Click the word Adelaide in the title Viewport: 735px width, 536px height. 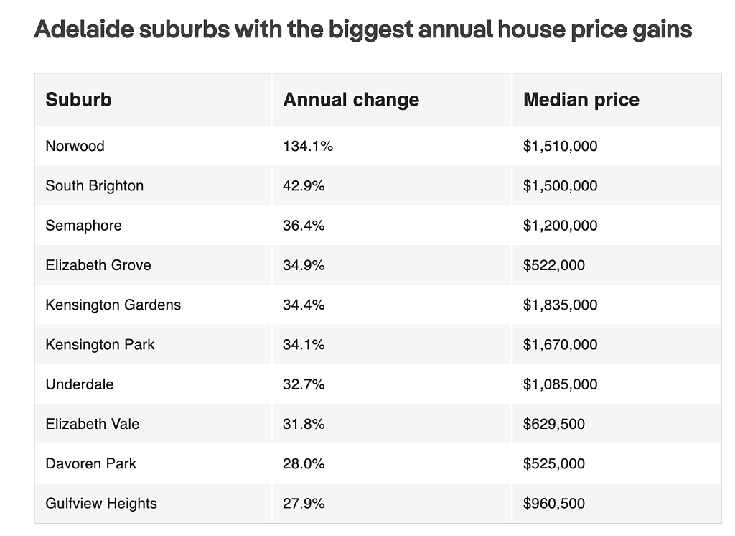[84, 29]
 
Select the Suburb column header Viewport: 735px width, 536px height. [78, 99]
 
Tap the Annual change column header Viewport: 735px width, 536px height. [351, 100]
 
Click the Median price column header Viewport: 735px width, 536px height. [581, 100]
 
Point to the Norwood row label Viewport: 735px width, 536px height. [75, 146]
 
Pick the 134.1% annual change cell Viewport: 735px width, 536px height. [308, 146]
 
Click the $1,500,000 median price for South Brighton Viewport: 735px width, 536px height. [560, 186]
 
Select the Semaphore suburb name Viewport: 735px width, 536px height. [83, 226]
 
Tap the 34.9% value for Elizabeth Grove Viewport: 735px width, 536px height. [304, 265]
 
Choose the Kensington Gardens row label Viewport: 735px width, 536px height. [113, 305]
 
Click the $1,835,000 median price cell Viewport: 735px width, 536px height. [560, 305]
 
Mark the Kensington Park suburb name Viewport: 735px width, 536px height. [100, 344]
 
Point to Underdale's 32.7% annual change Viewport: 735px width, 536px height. [304, 384]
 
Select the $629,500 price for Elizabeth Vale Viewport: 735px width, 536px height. [554, 425]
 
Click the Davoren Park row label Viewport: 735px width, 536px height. [91, 463]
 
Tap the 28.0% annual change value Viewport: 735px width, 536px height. [304, 463]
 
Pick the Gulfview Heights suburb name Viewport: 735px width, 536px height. [101, 504]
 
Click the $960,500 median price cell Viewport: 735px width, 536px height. [554, 504]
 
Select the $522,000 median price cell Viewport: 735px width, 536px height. [554, 265]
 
